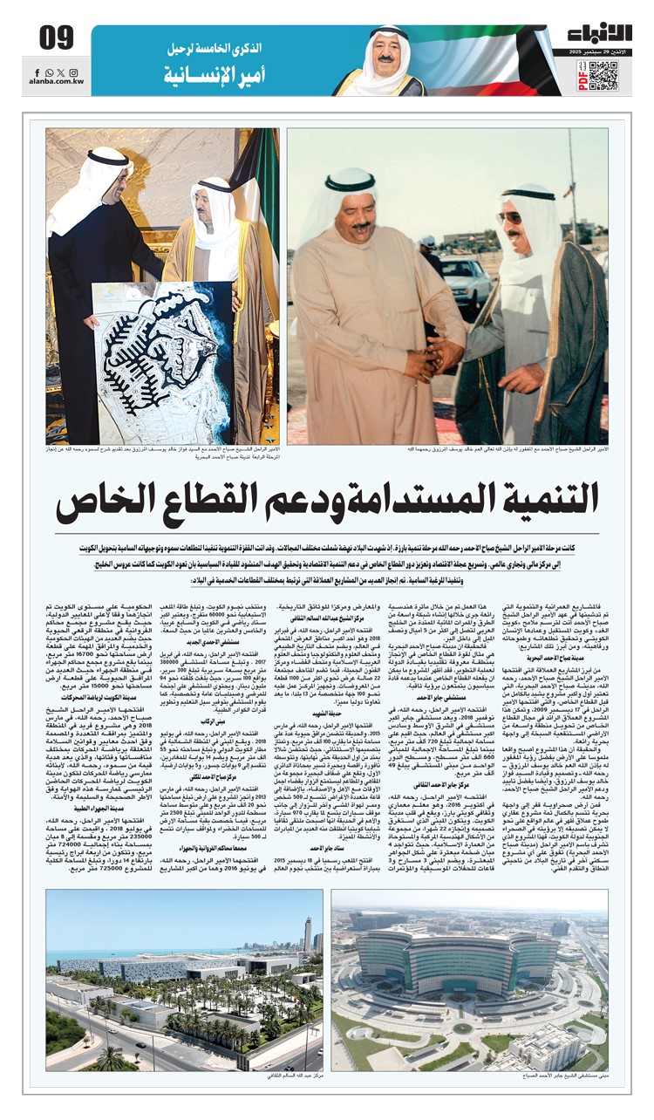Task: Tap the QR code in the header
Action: click(603, 76)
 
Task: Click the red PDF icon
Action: click(582, 79)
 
